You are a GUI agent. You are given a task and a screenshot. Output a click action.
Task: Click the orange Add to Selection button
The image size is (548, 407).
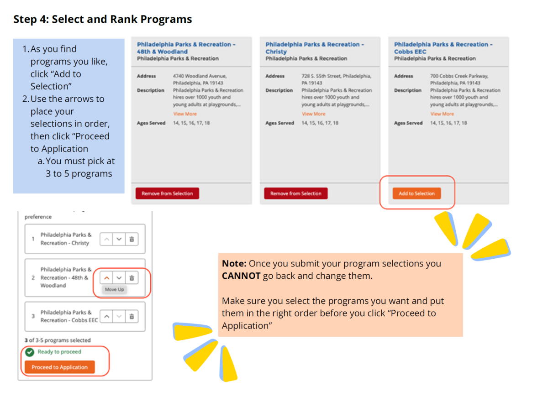click(x=416, y=193)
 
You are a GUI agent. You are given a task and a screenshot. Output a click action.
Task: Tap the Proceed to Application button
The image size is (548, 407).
click(x=60, y=367)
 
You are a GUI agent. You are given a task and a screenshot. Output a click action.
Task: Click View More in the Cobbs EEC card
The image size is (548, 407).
click(x=442, y=114)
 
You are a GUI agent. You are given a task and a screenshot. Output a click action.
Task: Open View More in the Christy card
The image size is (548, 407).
click(x=313, y=114)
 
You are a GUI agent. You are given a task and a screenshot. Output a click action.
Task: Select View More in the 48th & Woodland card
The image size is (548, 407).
click(x=185, y=114)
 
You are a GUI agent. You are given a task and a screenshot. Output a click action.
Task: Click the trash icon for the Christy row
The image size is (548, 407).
click(x=132, y=239)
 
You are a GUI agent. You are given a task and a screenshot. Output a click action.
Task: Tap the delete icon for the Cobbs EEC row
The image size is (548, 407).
click(x=132, y=316)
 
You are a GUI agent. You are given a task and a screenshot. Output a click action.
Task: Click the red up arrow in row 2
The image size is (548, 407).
click(x=106, y=277)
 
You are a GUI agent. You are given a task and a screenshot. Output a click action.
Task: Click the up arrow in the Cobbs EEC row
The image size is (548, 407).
click(x=106, y=316)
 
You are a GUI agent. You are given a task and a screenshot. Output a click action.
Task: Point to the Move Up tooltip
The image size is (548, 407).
click(x=114, y=290)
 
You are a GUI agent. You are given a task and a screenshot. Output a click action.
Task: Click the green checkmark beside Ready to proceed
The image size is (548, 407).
click(x=30, y=352)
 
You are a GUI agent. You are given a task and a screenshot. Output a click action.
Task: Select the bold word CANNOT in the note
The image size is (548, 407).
click(x=241, y=276)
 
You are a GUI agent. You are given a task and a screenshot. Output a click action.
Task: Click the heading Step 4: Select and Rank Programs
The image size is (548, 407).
click(x=103, y=20)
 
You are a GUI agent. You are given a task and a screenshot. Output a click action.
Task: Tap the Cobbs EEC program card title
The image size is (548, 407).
click(x=443, y=48)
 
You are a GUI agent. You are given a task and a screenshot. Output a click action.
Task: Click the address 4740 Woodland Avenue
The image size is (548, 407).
click(x=200, y=76)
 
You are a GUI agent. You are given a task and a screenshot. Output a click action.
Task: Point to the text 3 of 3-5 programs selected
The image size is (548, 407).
click(x=58, y=340)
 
